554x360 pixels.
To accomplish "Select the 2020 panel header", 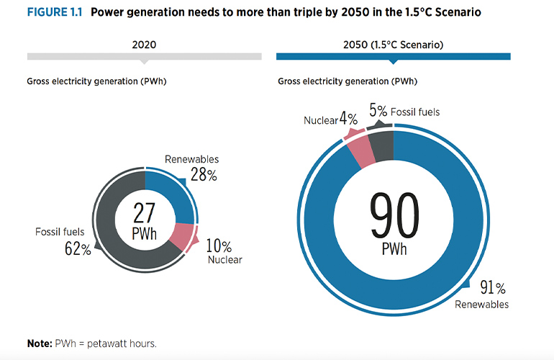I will click(144, 45).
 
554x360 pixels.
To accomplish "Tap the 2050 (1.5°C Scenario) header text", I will click(393, 45).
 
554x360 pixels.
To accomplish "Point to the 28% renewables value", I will click(203, 174).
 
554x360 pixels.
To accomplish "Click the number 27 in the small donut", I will click(145, 212).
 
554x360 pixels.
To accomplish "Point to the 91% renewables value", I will click(493, 289).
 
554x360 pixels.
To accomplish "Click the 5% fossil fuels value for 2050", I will click(378, 112).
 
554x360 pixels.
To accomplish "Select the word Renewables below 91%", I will click(481, 305).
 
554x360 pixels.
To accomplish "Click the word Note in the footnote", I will click(39, 343).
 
